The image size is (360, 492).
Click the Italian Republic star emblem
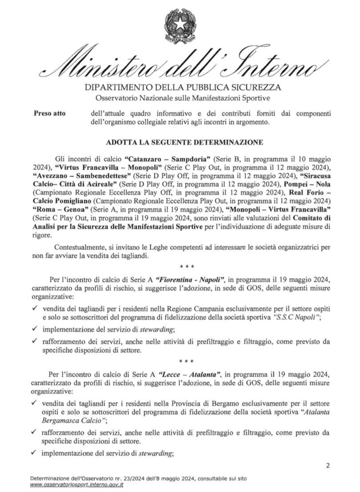[180, 26]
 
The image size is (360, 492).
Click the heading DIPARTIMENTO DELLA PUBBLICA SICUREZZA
[180, 87]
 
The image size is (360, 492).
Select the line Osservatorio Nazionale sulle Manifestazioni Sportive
[180, 97]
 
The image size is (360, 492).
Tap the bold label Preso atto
[49, 113]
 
